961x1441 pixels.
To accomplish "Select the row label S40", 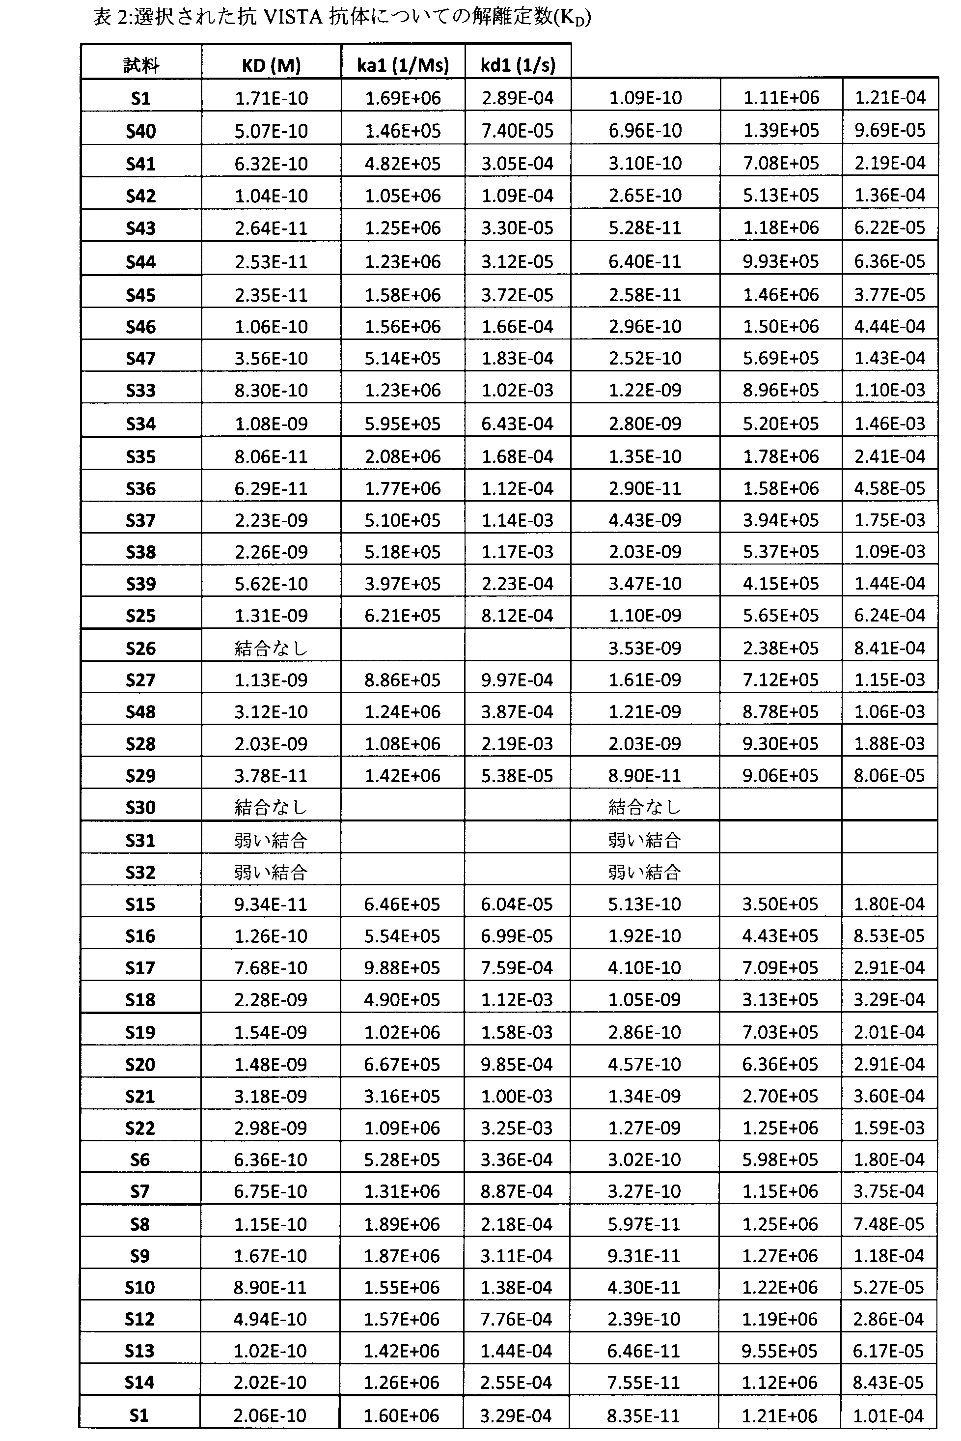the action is [141, 131].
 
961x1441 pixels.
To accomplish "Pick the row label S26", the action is [141, 648].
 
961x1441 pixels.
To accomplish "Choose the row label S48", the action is [141, 712].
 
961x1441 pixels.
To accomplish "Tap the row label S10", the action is [140, 1288].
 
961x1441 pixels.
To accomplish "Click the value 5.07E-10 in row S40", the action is [271, 131].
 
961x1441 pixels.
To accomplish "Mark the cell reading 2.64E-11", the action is [271, 228].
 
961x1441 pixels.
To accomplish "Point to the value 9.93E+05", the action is [781, 261].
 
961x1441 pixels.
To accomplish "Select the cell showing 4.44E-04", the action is [890, 326].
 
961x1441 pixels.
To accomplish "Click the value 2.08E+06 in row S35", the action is [403, 456].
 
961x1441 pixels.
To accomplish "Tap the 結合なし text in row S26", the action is [271, 648].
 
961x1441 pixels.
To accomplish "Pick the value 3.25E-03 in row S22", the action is [517, 1128].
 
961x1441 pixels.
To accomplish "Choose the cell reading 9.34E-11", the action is [270, 904].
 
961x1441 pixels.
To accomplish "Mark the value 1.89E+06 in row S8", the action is [402, 1224].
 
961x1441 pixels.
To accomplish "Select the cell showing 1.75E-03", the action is [890, 520].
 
